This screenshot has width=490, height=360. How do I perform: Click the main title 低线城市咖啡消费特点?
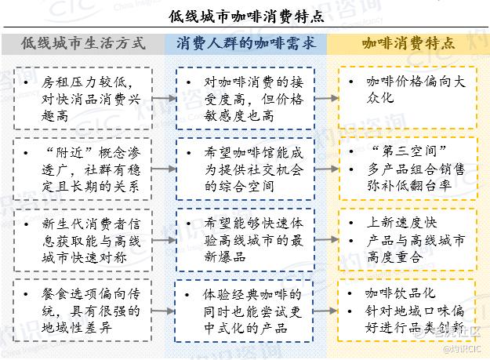pos(246,16)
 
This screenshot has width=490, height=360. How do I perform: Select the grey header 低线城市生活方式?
pos(83,43)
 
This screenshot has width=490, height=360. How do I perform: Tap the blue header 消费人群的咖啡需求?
pos(246,43)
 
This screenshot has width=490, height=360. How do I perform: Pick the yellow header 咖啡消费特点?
pos(408,43)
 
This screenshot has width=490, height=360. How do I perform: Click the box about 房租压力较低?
pos(83,98)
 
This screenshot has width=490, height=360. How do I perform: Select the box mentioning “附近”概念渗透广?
pos(82,169)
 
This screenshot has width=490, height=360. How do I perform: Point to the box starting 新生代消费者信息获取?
pos(83,240)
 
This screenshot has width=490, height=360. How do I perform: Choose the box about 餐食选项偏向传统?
pos(82,311)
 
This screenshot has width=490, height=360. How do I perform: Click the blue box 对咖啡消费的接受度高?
pos(245,98)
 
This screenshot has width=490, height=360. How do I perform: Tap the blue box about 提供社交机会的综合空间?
pos(245,169)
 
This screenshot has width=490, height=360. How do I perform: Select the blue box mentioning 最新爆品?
pos(245,240)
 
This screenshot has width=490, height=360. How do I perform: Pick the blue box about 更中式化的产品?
pos(244,311)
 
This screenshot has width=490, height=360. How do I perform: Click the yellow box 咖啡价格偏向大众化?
pos(408,97)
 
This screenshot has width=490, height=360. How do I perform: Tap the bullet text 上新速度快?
pos(402,223)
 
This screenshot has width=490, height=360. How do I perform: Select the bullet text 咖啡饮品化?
pos(401,293)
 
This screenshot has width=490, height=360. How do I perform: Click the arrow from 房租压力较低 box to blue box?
pos(165,99)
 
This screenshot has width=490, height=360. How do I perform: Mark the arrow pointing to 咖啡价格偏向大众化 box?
pos(327,99)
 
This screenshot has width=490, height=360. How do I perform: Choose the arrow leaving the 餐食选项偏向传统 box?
pos(163,311)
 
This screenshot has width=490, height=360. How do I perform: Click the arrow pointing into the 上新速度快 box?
pos(327,240)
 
